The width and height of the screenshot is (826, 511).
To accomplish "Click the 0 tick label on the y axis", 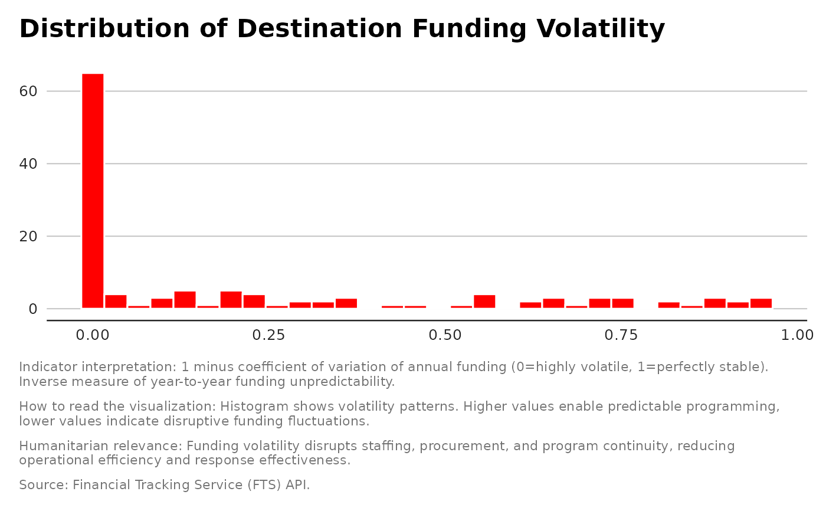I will (34, 309).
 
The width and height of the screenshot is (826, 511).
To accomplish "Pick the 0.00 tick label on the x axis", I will (92, 335).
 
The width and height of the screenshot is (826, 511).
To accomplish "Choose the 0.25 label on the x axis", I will (268, 335).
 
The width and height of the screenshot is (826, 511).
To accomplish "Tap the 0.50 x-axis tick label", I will (445, 335).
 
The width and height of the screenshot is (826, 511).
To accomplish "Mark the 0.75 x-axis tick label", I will (621, 335).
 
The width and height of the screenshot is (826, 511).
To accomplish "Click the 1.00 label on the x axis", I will (797, 335).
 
